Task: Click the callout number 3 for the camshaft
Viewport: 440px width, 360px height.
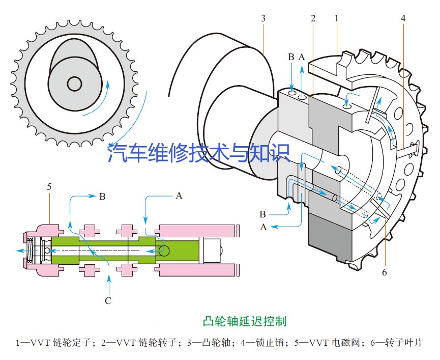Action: (263, 18)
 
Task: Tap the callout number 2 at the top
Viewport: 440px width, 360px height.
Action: (313, 18)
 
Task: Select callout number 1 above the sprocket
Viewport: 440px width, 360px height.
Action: (337, 18)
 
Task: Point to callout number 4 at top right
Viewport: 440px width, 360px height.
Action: (403, 18)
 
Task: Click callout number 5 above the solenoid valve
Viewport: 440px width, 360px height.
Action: (49, 187)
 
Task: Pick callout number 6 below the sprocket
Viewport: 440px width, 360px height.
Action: (384, 272)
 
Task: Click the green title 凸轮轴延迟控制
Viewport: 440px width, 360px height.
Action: (244, 321)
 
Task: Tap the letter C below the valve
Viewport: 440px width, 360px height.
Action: (108, 300)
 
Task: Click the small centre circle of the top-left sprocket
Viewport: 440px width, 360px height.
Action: (75, 84)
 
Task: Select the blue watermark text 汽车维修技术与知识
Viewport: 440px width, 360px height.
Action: (198, 153)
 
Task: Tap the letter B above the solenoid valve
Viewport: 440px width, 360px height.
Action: (102, 196)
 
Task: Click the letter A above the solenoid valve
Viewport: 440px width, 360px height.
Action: (178, 195)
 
